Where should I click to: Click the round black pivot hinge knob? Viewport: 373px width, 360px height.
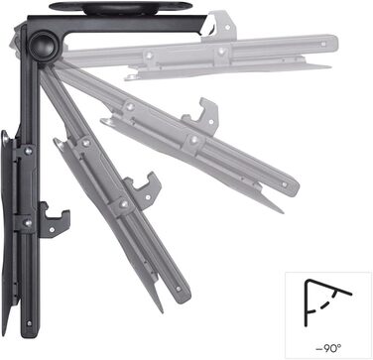click(43, 46)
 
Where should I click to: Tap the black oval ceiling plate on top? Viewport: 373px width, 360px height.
click(121, 7)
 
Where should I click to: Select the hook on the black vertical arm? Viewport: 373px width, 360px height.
click(54, 220)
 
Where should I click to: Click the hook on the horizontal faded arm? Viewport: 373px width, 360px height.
click(220, 26)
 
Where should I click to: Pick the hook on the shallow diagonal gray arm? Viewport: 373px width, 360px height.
click(202, 116)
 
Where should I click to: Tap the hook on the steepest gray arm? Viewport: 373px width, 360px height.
click(144, 191)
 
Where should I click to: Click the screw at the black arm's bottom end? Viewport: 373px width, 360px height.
click(30, 323)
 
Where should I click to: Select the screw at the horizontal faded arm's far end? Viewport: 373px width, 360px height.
click(323, 44)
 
